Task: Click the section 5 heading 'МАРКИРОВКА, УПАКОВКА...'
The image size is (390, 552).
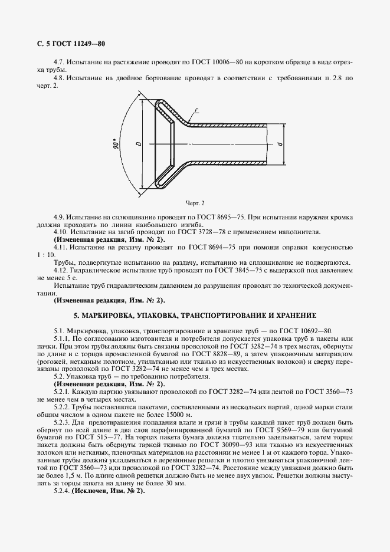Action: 195,315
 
